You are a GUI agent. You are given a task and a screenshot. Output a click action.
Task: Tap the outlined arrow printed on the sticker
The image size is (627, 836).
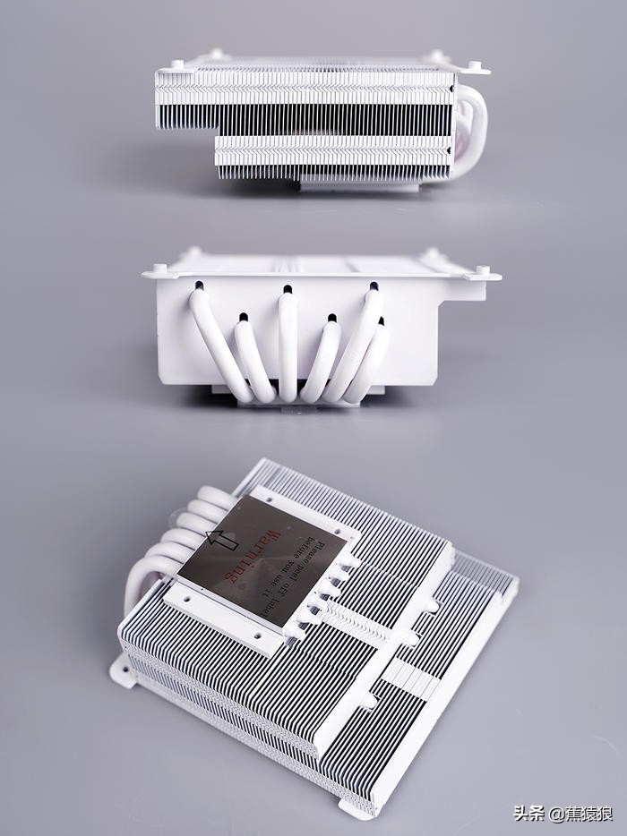tap(221, 539)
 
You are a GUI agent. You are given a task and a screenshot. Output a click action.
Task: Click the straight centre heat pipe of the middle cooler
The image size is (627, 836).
tap(288, 345)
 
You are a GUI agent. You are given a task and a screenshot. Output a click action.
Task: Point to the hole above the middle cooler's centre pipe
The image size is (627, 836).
tap(288, 289)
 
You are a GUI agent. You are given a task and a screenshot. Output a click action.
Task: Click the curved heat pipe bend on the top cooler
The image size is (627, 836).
tap(473, 130)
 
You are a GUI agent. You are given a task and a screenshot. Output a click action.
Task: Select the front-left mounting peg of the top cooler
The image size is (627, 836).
tap(176, 64)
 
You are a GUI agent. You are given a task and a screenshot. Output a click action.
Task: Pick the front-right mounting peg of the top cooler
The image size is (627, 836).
tap(474, 64)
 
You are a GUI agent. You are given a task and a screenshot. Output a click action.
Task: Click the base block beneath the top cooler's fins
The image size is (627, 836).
tap(358, 185)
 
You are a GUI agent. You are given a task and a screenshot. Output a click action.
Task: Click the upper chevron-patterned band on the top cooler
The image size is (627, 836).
tap(305, 88)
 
